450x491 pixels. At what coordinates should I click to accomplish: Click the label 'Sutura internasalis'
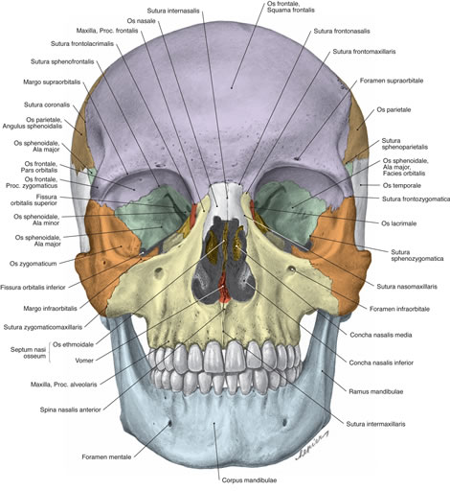[173, 11]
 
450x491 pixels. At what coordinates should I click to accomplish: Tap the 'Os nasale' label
[141, 21]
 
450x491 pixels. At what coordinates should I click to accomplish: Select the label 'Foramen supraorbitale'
[392, 81]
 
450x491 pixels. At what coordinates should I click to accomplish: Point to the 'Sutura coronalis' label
[47, 105]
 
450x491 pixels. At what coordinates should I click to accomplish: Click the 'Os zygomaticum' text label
[33, 264]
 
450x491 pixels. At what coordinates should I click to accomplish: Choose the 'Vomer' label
[84, 361]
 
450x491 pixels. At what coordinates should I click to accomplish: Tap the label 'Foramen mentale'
[106, 457]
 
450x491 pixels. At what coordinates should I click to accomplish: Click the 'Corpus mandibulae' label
[249, 480]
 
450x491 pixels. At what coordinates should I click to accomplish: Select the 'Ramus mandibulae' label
[376, 391]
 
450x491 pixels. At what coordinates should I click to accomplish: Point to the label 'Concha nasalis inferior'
[381, 362]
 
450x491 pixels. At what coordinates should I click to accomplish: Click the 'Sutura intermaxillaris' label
[375, 424]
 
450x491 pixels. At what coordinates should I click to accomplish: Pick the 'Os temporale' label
[402, 185]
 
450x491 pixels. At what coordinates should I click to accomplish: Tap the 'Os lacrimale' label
[399, 223]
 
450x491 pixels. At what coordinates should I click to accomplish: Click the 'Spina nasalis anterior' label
[71, 409]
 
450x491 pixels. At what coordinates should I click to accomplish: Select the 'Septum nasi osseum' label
[28, 353]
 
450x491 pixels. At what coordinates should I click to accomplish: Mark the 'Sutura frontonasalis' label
[342, 31]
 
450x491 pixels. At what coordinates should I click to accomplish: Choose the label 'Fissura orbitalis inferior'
[33, 288]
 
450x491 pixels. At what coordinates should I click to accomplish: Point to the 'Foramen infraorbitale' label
[399, 309]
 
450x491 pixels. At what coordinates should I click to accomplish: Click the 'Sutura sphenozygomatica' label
[417, 255]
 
